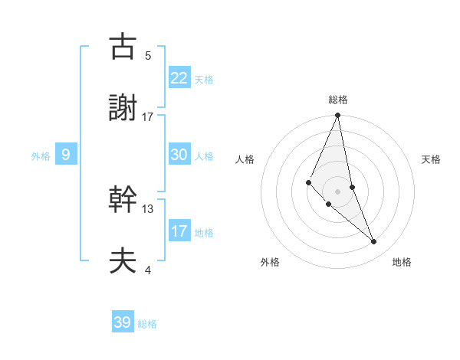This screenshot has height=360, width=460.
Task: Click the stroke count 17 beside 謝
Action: tap(148, 117)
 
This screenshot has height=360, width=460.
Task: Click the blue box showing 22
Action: tap(179, 77)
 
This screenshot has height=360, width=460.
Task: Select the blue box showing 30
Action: tap(179, 154)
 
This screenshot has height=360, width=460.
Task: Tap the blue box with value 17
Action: tap(179, 231)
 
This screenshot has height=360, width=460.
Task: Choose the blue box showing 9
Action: tap(66, 155)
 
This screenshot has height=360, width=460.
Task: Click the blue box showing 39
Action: tap(123, 322)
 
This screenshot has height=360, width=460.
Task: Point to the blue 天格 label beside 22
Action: tap(204, 80)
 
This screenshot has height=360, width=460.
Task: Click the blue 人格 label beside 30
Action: tap(204, 156)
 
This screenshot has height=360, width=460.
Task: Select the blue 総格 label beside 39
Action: tap(147, 324)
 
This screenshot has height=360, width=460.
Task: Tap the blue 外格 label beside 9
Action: tap(41, 156)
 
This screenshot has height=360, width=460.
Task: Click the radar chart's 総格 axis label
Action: tap(337, 100)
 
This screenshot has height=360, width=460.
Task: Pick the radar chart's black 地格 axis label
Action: tap(402, 262)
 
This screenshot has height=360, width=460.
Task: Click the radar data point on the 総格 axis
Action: tap(337, 116)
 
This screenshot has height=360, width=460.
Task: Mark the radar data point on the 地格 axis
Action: tap(374, 242)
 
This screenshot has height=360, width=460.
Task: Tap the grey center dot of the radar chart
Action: tap(337, 191)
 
